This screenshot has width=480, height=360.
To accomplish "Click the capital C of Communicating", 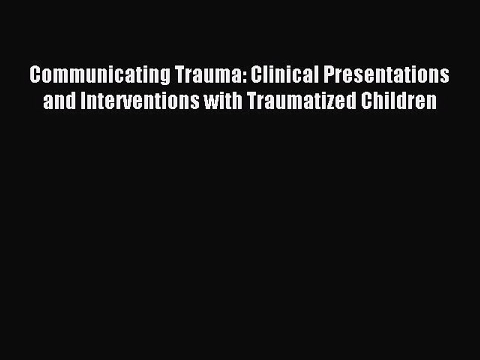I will (x=34, y=75).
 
